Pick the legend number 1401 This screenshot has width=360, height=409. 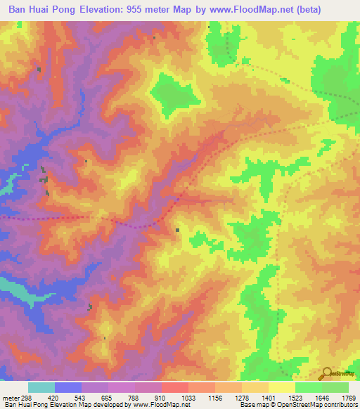(x=268, y=396)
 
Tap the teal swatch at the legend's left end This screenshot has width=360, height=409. (x=41, y=387)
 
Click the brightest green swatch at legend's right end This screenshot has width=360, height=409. (x=335, y=387)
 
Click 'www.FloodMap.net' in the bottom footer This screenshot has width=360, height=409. (x=158, y=405)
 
